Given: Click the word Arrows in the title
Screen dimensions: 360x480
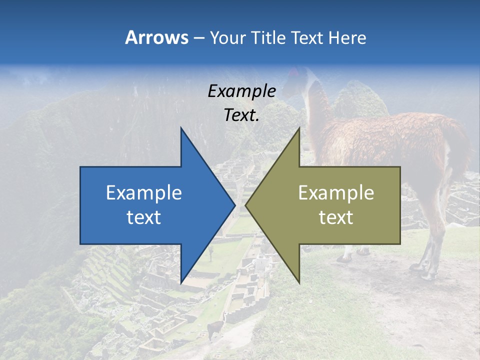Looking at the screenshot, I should pyautogui.click(x=156, y=37).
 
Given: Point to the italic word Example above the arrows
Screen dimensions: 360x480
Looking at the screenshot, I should pyautogui.click(x=241, y=91).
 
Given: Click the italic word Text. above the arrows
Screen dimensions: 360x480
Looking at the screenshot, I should pyautogui.click(x=241, y=115).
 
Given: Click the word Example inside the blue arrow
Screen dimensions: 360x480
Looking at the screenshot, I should pyautogui.click(x=144, y=193).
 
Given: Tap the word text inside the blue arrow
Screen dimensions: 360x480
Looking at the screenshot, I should pyautogui.click(x=144, y=217).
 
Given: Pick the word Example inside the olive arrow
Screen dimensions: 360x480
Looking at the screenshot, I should pyautogui.click(x=336, y=193).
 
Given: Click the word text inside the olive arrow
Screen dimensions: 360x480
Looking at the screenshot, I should pyautogui.click(x=336, y=217).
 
